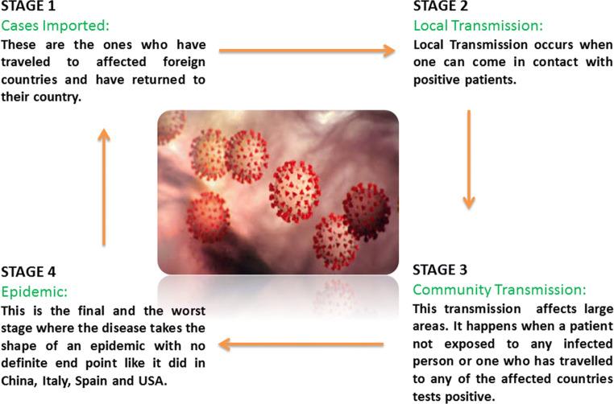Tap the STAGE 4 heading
(28, 271)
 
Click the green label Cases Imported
(53, 25)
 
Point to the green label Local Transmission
(467, 26)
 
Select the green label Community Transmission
(499, 289)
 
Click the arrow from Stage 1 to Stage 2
(306, 52)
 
